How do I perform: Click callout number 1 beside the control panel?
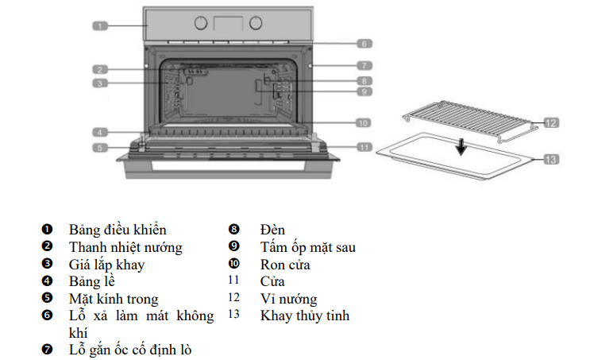click(x=99, y=26)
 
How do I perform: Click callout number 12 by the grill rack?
click(x=551, y=123)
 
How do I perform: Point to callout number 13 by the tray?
click(x=551, y=159)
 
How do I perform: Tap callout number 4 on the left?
click(x=99, y=132)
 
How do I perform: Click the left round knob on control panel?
click(x=201, y=23)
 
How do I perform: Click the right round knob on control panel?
click(x=256, y=23)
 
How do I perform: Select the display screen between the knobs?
click(x=229, y=23)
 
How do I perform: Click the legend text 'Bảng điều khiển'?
click(x=117, y=230)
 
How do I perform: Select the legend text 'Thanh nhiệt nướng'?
click(x=125, y=247)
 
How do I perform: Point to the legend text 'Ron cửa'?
click(x=285, y=265)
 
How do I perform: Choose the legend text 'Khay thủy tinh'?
click(x=304, y=315)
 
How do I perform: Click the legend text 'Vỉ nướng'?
click(x=288, y=299)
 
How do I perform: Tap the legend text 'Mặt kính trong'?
click(x=114, y=299)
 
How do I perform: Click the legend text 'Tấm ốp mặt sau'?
click(x=307, y=247)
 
